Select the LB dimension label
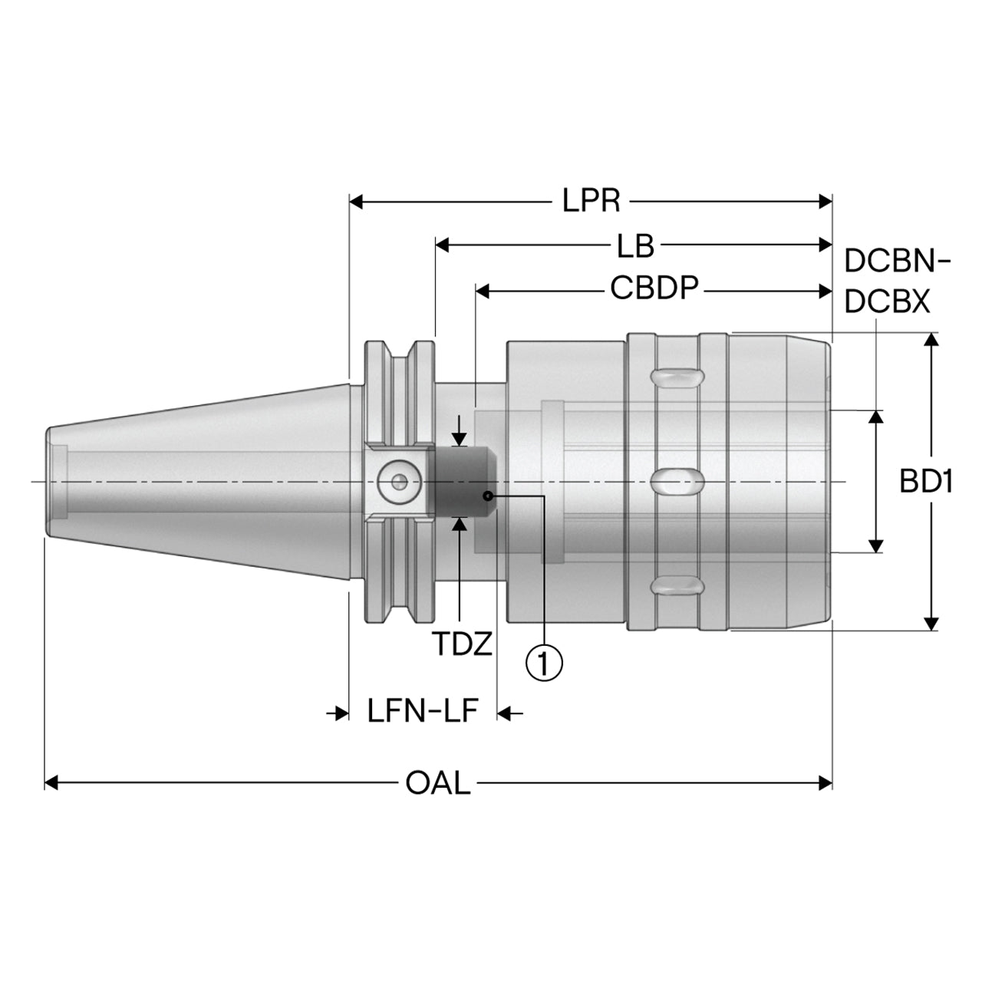coord(635,245)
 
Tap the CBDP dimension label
coord(654,288)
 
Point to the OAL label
coord(438,783)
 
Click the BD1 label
coord(926,482)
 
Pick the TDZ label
coord(462,644)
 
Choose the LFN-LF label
coord(423,712)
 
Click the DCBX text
coord(887,302)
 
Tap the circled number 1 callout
coord(544,662)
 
